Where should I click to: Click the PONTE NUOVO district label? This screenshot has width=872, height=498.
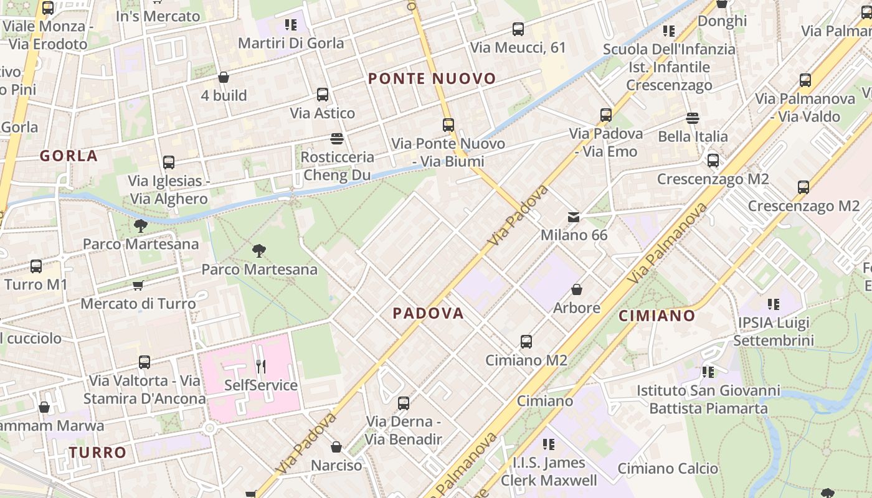pyautogui.click(x=432, y=79)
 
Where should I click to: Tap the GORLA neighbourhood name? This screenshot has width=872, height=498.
pyautogui.click(x=69, y=156)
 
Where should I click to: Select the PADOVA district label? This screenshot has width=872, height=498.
pyautogui.click(x=429, y=313)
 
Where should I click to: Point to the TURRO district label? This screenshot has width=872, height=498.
pyautogui.click(x=98, y=453)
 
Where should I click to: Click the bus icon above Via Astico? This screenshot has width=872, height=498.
pyautogui.click(x=323, y=95)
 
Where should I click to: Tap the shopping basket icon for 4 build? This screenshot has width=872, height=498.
pyautogui.click(x=224, y=77)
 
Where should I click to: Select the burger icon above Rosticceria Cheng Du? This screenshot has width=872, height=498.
pyautogui.click(x=337, y=138)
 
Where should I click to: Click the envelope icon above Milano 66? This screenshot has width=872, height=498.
pyautogui.click(x=574, y=217)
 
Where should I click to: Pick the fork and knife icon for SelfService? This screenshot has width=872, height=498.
pyautogui.click(x=261, y=367)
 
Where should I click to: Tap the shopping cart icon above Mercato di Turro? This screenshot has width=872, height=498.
pyautogui.click(x=138, y=285)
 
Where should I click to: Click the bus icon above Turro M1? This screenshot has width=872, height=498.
pyautogui.click(x=36, y=266)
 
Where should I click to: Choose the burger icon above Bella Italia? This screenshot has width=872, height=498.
pyautogui.click(x=693, y=118)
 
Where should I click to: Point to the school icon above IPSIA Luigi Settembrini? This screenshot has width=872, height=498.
pyautogui.click(x=774, y=304)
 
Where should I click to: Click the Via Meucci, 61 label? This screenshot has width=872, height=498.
pyautogui.click(x=518, y=47)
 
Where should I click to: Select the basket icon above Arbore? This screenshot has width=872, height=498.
pyautogui.click(x=577, y=289)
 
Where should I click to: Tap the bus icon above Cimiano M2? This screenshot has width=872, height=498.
pyautogui.click(x=526, y=342)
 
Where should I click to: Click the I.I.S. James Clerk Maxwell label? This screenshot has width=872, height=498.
pyautogui.click(x=549, y=471)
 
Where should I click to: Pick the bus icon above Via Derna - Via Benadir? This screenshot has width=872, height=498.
pyautogui.click(x=404, y=403)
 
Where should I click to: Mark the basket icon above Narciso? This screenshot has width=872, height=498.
pyautogui.click(x=336, y=447)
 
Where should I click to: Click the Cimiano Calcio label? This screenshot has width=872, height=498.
pyautogui.click(x=668, y=468)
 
